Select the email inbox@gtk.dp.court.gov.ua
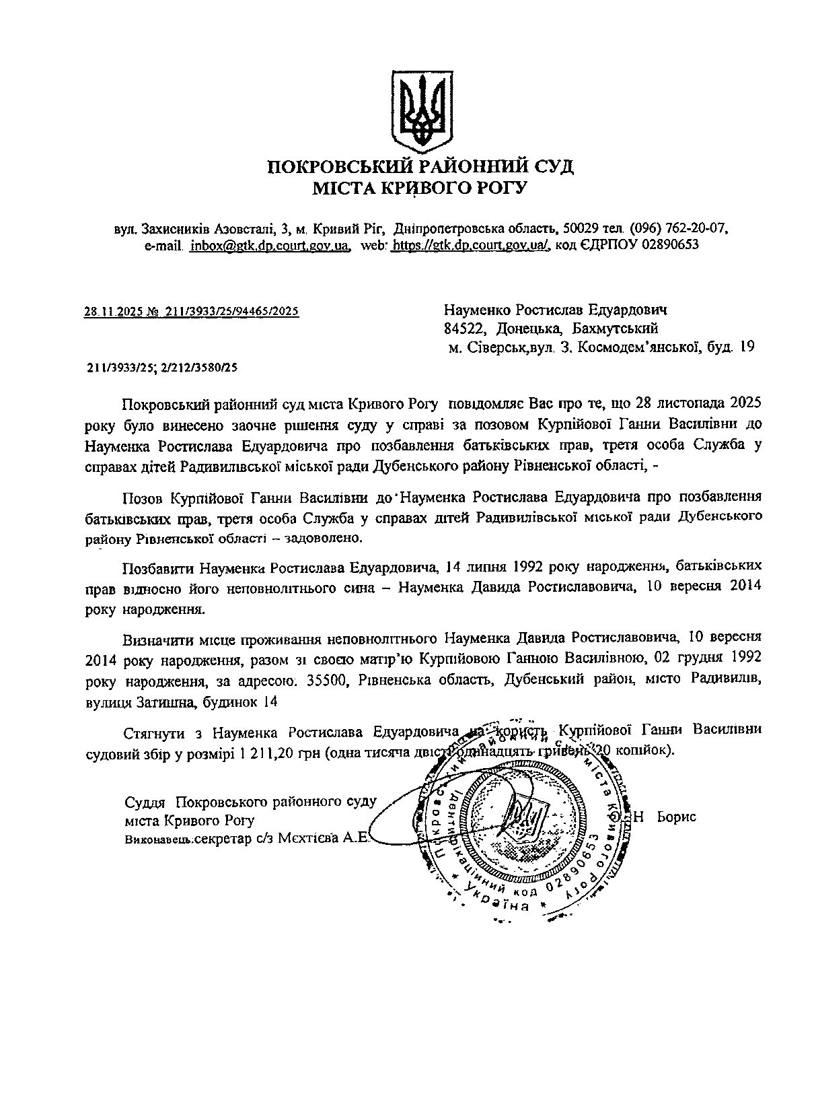[270, 245]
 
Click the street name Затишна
[184, 702]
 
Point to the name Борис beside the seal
[677, 817]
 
